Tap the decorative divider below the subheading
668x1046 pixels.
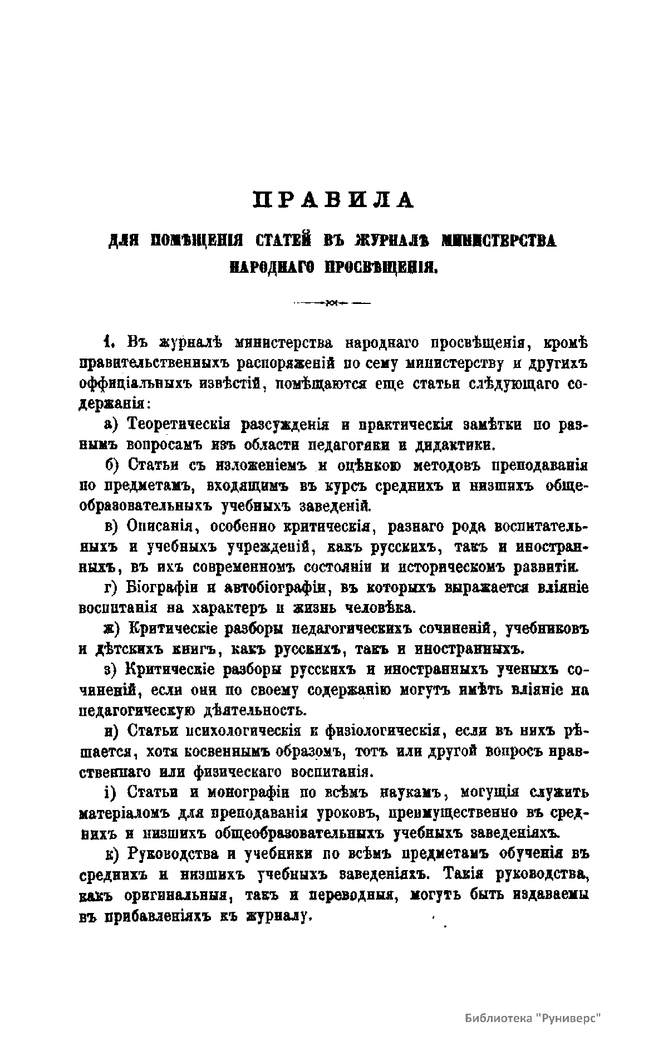pos(333,303)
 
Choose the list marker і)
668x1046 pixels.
pos(112,792)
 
